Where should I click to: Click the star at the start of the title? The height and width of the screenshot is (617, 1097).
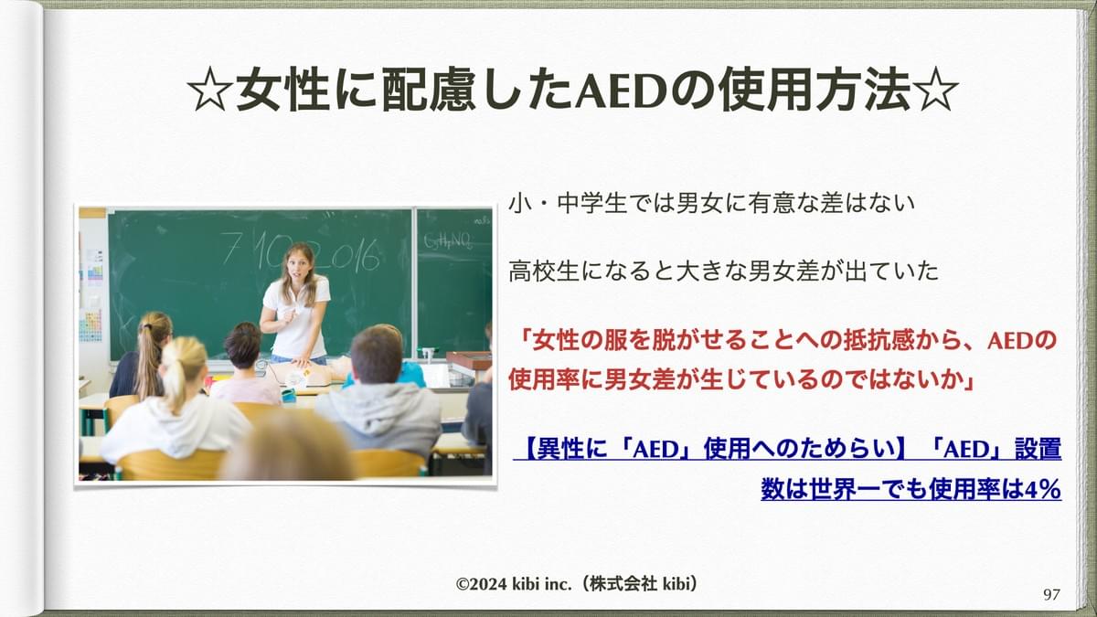click(x=209, y=91)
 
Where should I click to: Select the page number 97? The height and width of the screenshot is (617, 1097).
click(x=1051, y=594)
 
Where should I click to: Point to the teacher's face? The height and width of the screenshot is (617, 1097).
click(x=297, y=265)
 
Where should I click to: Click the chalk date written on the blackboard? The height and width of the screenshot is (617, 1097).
click(x=300, y=254)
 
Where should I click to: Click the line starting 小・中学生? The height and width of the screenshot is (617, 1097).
click(x=711, y=204)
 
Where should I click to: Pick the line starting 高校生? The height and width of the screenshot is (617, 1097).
click(x=723, y=271)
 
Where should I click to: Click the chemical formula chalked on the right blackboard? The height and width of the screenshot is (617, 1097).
click(x=448, y=240)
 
